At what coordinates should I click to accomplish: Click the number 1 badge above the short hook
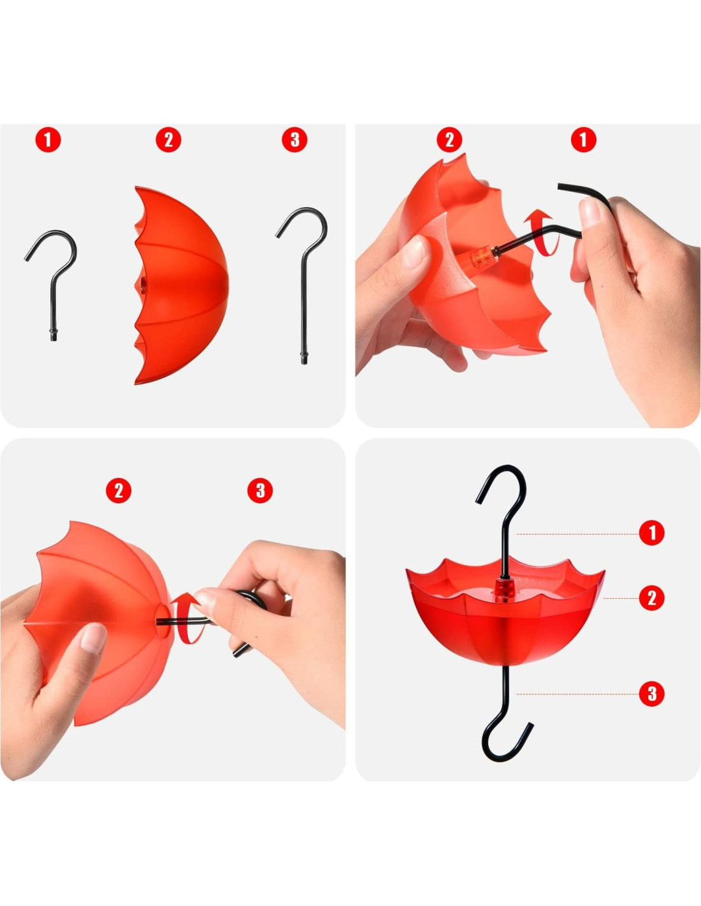click(48, 140)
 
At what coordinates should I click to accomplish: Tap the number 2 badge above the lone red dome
click(168, 140)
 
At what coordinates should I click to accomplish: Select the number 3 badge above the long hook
click(294, 140)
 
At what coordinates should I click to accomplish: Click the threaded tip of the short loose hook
click(54, 336)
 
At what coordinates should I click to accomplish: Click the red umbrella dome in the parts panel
click(182, 285)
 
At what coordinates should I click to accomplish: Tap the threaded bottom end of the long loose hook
click(303, 358)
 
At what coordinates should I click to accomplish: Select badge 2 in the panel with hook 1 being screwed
click(449, 140)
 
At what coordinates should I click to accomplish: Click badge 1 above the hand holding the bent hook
click(583, 140)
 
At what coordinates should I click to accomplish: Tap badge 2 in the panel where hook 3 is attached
click(119, 490)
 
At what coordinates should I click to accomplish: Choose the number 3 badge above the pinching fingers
click(260, 490)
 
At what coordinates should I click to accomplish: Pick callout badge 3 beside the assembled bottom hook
click(651, 694)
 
